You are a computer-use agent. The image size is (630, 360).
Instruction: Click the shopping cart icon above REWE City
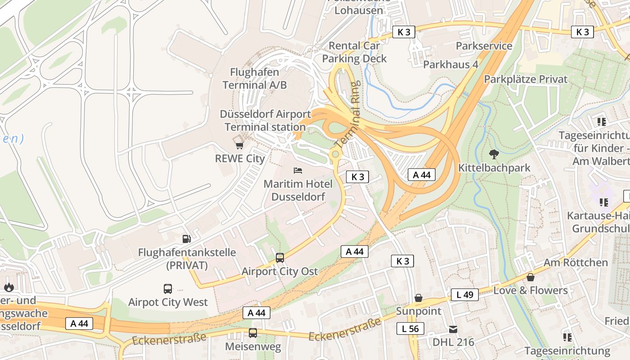coord(239,145)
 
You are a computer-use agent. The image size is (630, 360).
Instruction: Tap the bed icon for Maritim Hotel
coord(298,171)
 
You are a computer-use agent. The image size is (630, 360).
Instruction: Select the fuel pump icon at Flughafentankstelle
coord(186,238)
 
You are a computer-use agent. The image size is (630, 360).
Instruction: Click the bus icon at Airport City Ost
coord(280,258)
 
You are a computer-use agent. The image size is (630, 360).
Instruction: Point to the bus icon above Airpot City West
coord(168,288)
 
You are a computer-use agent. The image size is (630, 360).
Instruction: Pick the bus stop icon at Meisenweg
coord(253,333)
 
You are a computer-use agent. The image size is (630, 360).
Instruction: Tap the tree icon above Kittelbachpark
coord(494,154)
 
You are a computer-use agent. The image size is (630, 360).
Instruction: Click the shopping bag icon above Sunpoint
coord(418,298)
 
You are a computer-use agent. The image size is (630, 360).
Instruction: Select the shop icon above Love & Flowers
coord(531,277)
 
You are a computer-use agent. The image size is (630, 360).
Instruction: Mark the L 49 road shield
coord(465,295)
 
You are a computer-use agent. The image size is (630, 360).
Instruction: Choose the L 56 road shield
coord(410,328)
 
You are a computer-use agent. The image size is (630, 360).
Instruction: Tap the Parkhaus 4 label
coord(450,64)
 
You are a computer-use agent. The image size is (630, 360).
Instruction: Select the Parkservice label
coord(484,46)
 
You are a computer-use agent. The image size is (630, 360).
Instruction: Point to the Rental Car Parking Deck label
coord(354,52)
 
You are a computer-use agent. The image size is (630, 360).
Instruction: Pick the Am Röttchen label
coord(576,262)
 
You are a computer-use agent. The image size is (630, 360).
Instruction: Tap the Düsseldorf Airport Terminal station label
coord(265,121)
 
